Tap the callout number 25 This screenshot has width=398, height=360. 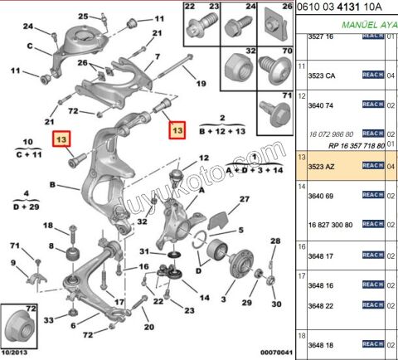click(82, 16)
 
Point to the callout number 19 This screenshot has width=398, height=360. click(201, 84)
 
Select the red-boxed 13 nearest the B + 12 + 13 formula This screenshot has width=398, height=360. click(175, 130)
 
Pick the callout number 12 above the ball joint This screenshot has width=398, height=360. click(205, 158)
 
